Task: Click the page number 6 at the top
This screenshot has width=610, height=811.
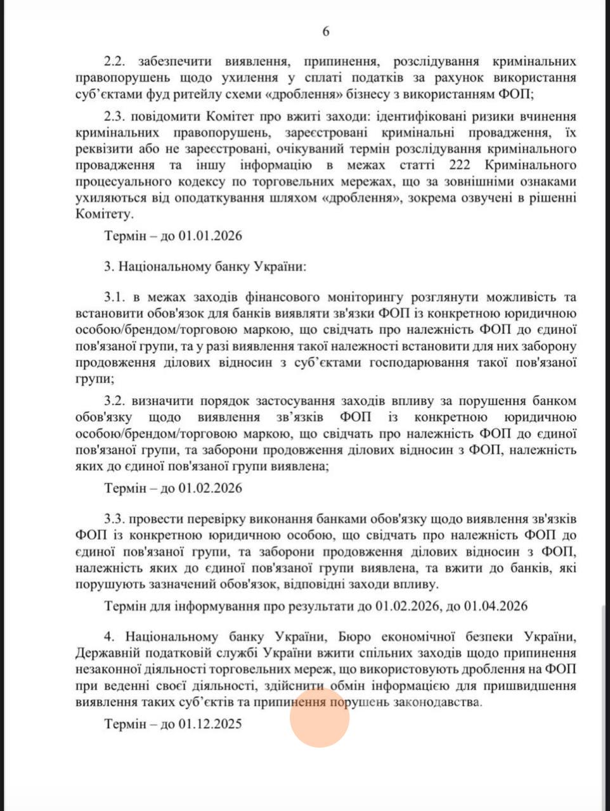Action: pyautogui.click(x=325, y=31)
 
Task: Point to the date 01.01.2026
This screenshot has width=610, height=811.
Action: pyautogui.click(x=211, y=236)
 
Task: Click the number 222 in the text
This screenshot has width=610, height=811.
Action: pyautogui.click(x=462, y=165)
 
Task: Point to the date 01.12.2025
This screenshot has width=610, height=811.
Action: pyautogui.click(x=211, y=724)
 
